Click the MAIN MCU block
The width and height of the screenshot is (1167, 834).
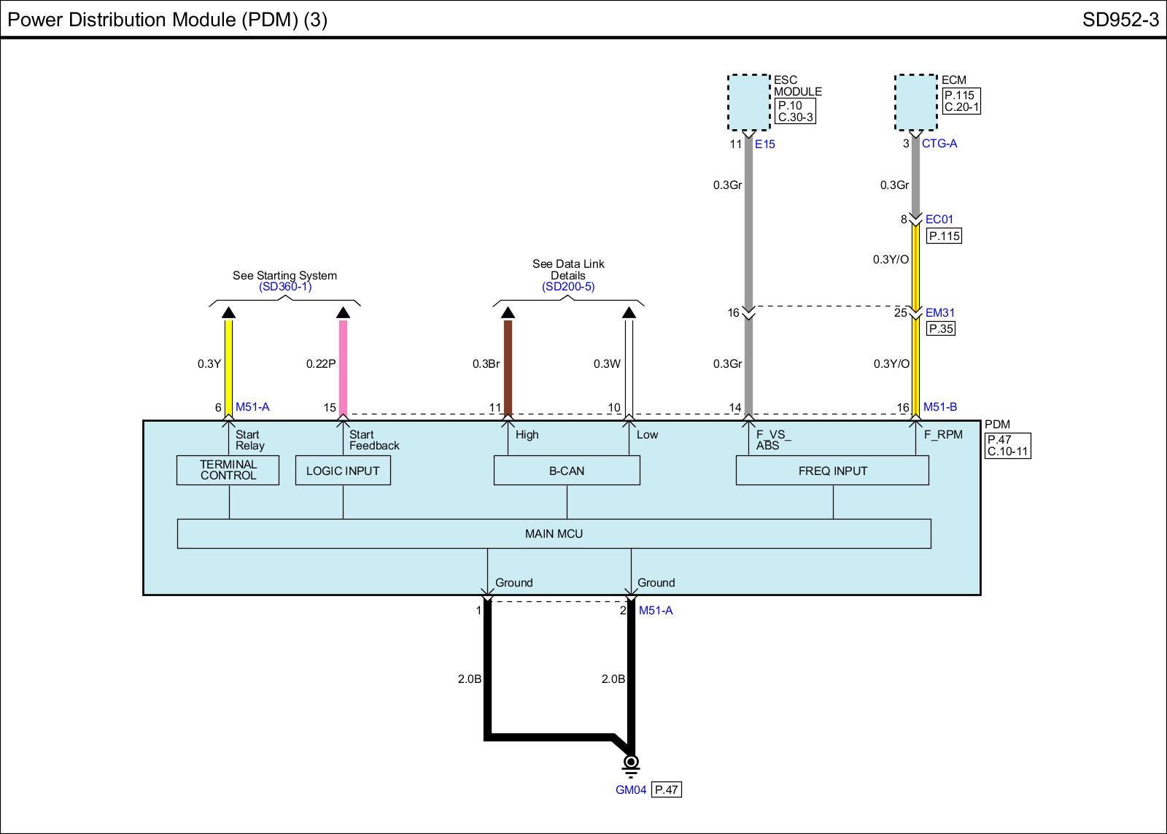click(554, 533)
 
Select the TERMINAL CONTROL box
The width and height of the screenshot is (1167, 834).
click(228, 470)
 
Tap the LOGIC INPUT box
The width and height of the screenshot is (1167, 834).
click(343, 471)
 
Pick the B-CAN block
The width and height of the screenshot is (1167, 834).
click(567, 471)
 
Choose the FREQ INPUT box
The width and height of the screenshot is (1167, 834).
click(832, 471)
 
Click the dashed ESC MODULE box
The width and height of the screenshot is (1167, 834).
click(749, 102)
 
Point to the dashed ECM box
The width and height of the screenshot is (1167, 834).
click(916, 102)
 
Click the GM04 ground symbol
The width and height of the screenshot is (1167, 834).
click(631, 763)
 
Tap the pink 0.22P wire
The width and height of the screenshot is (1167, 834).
click(343, 365)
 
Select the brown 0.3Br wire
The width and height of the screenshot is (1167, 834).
click(508, 365)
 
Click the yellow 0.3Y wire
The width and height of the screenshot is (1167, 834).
click(228, 365)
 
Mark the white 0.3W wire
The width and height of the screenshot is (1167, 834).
click(629, 365)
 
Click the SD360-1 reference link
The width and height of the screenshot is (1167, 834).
click(284, 287)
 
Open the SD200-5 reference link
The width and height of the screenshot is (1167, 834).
click(567, 287)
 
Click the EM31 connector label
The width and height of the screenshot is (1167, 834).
click(939, 313)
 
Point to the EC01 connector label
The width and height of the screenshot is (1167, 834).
click(939, 219)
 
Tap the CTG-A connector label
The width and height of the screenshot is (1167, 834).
click(939, 144)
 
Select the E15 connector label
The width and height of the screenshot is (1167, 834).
click(765, 144)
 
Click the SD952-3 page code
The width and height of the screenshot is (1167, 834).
click(1120, 20)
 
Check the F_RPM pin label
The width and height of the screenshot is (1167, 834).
click(943, 435)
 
